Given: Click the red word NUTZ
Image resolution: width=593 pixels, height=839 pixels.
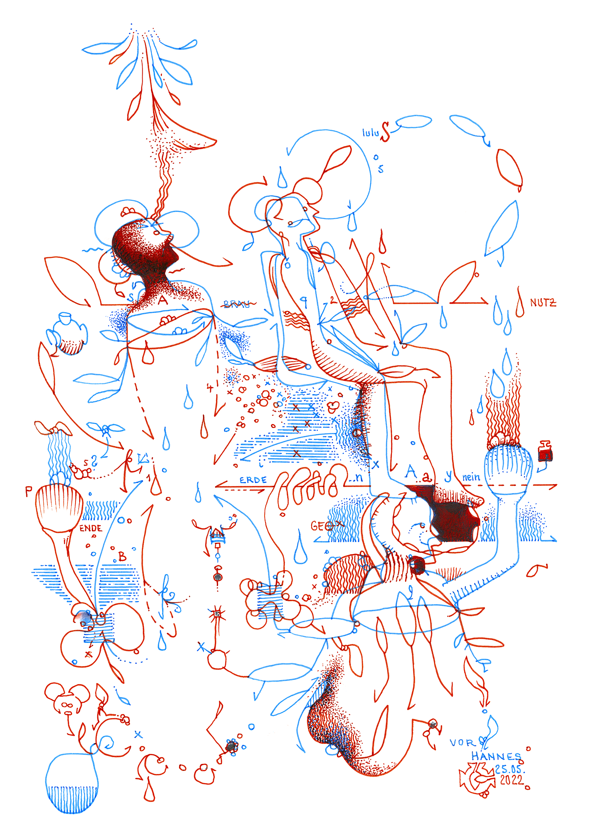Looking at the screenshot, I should coord(543,302).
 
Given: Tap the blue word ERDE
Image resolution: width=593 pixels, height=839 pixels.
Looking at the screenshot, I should coord(253,480).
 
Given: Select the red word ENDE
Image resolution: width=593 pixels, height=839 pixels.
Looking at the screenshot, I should coord(91,528).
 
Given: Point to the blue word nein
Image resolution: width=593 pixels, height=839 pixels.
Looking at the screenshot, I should coord(471,477).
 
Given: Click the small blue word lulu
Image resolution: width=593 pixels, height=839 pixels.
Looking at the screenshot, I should coord(371,133).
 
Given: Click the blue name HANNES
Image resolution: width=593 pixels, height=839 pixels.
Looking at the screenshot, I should coord(496,756).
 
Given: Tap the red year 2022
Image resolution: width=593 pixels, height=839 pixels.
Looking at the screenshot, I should coord(512,780).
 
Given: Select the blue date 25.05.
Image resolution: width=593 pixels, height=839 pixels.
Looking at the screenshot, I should coord(510,769).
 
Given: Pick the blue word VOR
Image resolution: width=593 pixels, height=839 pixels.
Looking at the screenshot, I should coord(463,743).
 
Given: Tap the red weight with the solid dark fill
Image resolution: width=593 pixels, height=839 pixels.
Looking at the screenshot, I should coord(545,453).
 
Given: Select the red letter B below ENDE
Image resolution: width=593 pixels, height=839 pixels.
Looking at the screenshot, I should coord(122,556).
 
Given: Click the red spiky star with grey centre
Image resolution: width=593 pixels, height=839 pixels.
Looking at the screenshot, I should coord(217,614).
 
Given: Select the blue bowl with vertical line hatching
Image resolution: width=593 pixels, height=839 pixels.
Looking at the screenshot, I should coord(72,784).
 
